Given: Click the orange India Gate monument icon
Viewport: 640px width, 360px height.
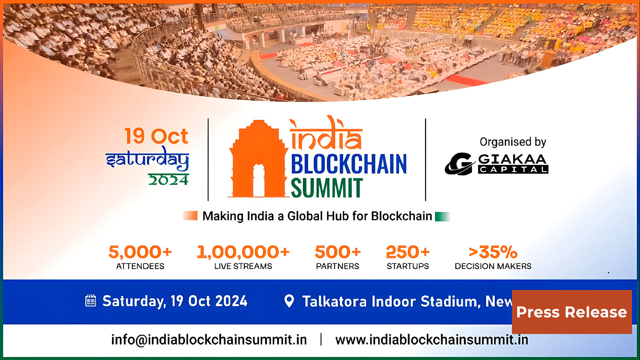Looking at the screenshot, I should pyautogui.click(x=258, y=160).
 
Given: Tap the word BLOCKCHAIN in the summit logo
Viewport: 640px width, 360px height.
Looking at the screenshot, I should pyautogui.click(x=348, y=164).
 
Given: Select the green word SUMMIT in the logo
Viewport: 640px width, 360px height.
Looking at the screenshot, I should pyautogui.click(x=326, y=188).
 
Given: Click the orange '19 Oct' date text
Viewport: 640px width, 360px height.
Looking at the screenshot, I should pyautogui.click(x=156, y=136).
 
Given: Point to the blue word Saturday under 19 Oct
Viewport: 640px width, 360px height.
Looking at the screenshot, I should pyautogui.click(x=147, y=159).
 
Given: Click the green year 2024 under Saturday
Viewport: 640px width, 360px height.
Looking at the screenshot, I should pyautogui.click(x=168, y=180).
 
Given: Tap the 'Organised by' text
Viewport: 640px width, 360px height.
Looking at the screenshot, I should pyautogui.click(x=513, y=142).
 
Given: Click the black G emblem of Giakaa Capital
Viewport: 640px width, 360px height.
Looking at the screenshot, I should pyautogui.click(x=459, y=164).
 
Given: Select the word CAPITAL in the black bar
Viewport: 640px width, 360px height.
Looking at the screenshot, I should pyautogui.click(x=513, y=170).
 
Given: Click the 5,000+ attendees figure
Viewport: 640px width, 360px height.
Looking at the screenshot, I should pyautogui.click(x=140, y=252).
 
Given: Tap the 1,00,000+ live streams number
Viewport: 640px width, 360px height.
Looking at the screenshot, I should pyautogui.click(x=243, y=252).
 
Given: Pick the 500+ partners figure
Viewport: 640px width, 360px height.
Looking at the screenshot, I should pyautogui.click(x=338, y=252).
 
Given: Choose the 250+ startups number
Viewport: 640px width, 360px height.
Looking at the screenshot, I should pyautogui.click(x=408, y=252).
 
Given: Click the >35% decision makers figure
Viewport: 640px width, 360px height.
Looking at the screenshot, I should pyautogui.click(x=493, y=252).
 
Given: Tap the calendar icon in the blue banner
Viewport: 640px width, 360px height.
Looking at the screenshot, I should pyautogui.click(x=91, y=301).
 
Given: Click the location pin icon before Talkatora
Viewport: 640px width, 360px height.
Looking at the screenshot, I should pyautogui.click(x=289, y=301).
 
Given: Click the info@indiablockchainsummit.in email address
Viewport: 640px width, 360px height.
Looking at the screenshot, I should pyautogui.click(x=209, y=340).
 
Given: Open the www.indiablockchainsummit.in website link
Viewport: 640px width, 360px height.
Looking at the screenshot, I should pyautogui.click(x=432, y=340).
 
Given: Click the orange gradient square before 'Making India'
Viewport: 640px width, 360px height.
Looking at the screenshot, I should pyautogui.click(x=190, y=216).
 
